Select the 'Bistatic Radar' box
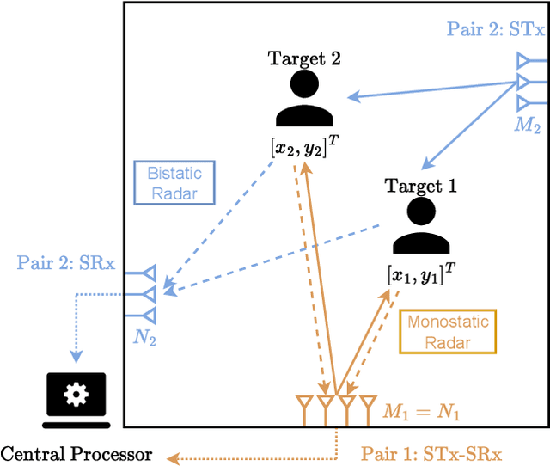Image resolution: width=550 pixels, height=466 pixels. pyautogui.click(x=174, y=181)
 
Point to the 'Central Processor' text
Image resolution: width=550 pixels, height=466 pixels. pyautogui.click(x=76, y=453)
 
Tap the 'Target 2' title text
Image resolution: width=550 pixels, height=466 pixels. pyautogui.click(x=305, y=59)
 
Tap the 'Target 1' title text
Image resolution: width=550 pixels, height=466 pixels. pyautogui.click(x=421, y=186)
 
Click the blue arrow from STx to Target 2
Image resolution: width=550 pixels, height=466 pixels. pyautogui.click(x=430, y=89)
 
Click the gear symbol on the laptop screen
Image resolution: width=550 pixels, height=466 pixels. pyautogui.click(x=76, y=395)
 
